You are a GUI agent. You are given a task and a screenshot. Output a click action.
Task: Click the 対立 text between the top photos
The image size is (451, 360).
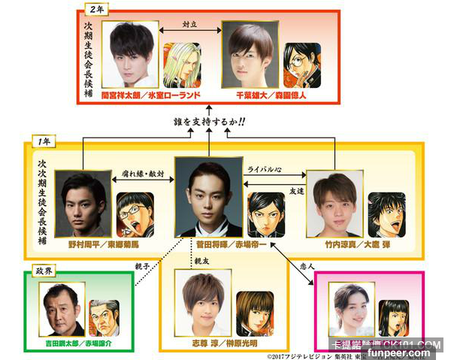pos(189,25)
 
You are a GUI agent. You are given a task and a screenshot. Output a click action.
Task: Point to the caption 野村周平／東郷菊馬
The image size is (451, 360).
pos(102,245)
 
